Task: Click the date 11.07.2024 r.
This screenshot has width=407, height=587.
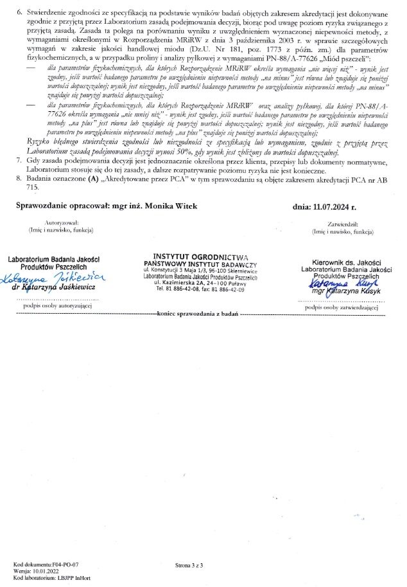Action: coord(333,205)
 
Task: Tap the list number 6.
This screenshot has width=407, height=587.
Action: coord(19,12)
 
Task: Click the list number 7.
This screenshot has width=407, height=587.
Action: coord(19,157)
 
